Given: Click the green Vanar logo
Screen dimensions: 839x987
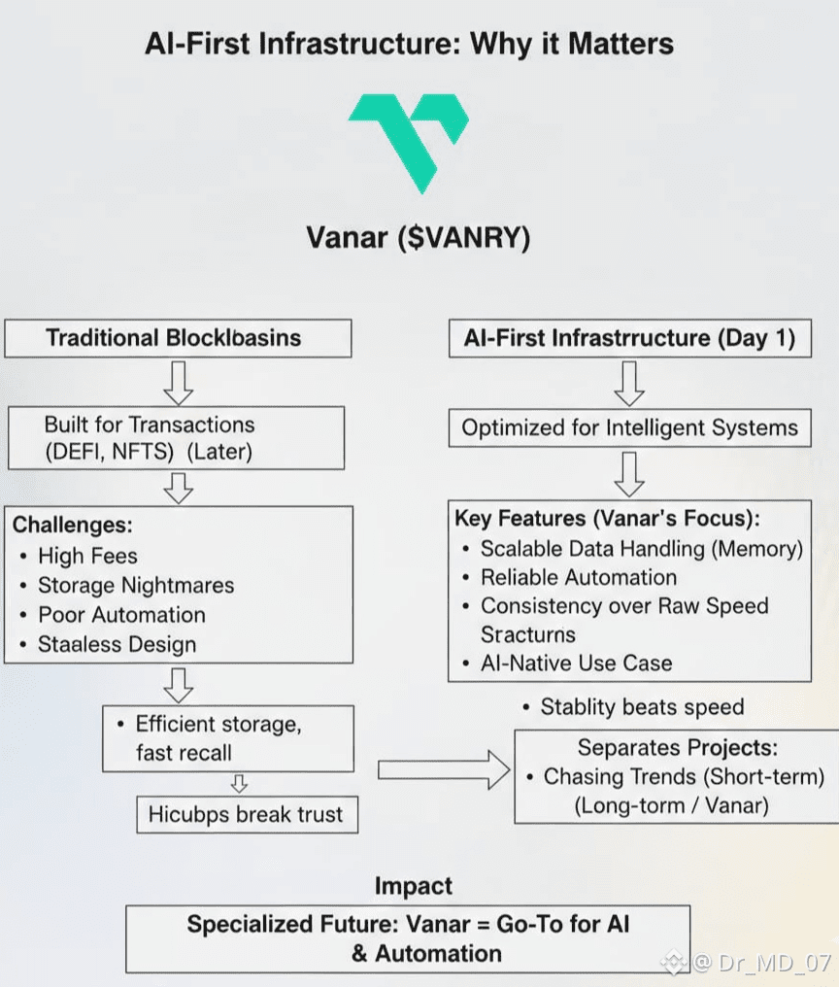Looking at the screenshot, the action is [x=409, y=144].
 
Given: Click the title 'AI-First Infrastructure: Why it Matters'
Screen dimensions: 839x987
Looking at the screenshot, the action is [x=409, y=44].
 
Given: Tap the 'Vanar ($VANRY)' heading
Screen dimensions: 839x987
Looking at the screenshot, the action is [x=418, y=238].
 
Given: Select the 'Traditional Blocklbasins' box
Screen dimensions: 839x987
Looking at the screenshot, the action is [x=178, y=339].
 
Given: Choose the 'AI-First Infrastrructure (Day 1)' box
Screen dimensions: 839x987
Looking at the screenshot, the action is [x=630, y=339].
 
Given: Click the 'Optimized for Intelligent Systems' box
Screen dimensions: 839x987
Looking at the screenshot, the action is [x=630, y=428].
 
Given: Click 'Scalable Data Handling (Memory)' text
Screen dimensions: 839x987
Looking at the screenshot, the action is [x=641, y=549].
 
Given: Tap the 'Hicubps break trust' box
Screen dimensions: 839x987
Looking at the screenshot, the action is [x=248, y=814].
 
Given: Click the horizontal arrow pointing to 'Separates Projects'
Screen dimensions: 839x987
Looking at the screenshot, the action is [x=444, y=769].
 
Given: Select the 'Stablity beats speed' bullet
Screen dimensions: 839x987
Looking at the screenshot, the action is [x=633, y=707].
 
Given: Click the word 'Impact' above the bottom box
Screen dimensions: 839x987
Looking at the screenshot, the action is [x=414, y=886].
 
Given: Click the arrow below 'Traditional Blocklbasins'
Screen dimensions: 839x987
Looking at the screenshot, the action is [x=179, y=383].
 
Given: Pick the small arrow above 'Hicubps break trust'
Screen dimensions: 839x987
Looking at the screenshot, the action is [x=239, y=784].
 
